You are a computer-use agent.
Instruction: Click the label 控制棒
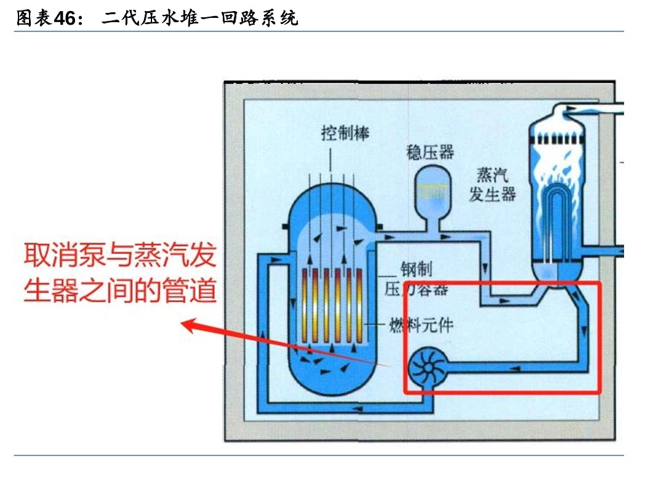[x=345, y=132]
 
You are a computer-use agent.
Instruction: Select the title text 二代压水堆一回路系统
[x=200, y=18]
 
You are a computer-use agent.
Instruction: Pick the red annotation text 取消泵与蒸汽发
[x=121, y=255]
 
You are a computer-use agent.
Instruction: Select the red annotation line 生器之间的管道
[x=121, y=290]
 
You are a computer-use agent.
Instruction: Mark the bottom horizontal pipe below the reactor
[x=345, y=406]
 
